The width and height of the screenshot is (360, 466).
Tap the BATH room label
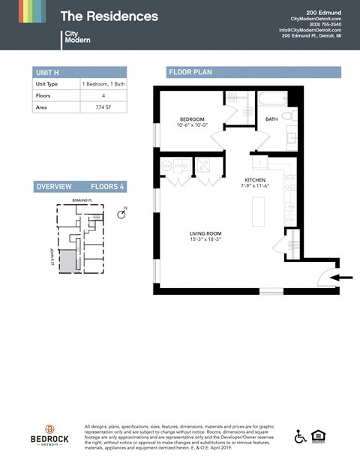272,119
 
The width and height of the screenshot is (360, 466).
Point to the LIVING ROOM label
205,233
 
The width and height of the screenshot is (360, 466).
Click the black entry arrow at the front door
342,278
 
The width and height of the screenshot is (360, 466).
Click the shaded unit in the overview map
67,261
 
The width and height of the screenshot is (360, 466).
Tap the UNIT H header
45,72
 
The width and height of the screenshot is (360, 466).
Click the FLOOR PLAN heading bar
253,72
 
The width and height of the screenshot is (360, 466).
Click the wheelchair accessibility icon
300,436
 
